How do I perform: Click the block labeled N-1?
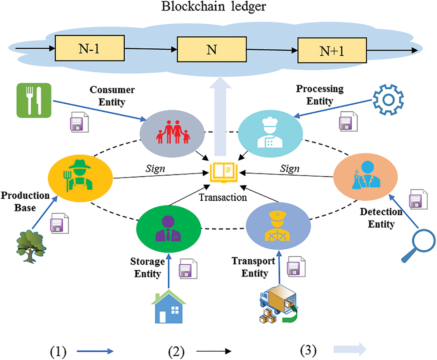[x=89, y=48]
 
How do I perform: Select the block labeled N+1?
[x=332, y=51]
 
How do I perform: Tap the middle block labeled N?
[x=212, y=49]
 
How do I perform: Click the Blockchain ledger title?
[x=213, y=6]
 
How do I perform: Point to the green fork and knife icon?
[x=34, y=101]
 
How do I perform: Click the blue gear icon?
[x=388, y=100]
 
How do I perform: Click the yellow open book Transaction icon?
[x=224, y=173]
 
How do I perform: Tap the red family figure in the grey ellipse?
[x=173, y=133]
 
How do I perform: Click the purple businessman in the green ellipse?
[x=169, y=228]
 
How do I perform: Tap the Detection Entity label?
[x=381, y=218]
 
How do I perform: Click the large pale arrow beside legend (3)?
[x=350, y=349]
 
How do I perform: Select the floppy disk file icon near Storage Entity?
[x=188, y=269]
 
